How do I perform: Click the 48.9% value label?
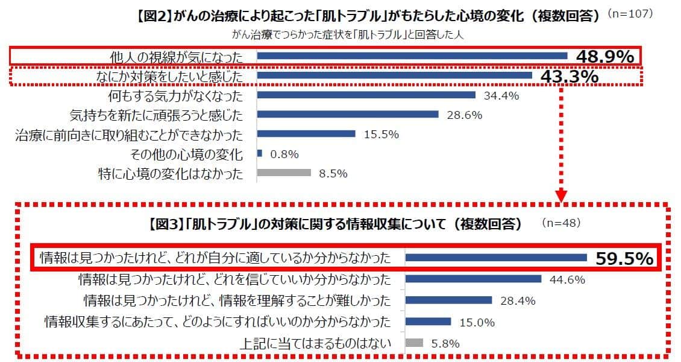(604, 57)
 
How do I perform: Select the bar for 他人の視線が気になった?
(412, 56)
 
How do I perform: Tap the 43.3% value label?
(569, 77)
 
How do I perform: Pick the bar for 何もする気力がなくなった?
(366, 95)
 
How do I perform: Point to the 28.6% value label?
(464, 115)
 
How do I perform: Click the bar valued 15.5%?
(306, 135)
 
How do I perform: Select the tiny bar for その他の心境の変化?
(260, 154)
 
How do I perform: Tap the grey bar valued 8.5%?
(284, 173)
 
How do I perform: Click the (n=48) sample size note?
(561, 223)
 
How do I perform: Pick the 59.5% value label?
(624, 259)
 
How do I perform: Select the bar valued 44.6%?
(473, 279)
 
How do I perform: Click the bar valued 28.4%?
(449, 300)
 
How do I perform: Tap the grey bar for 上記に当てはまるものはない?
(415, 343)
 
